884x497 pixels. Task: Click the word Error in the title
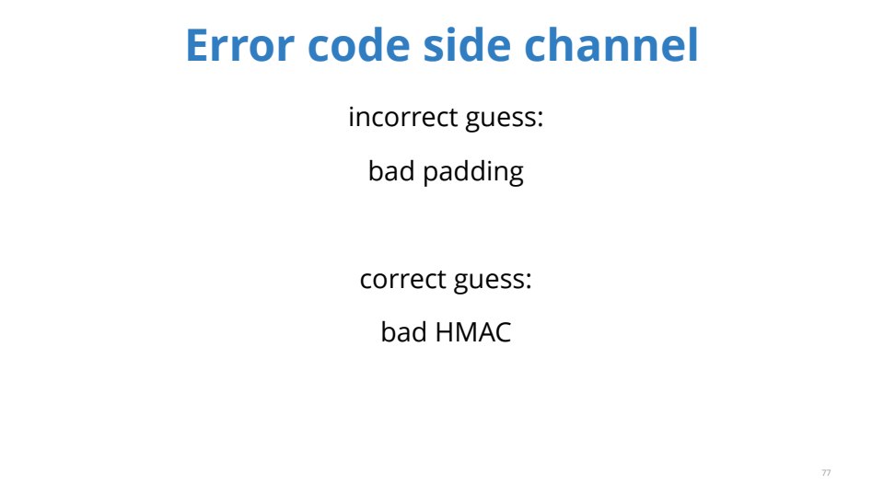pyautogui.click(x=239, y=45)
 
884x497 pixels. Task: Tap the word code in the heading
pyautogui.click(x=359, y=44)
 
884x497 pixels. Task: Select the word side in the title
pyautogui.click(x=467, y=44)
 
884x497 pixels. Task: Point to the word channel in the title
pyautogui.click(x=611, y=44)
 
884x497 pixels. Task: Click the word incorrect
pyautogui.click(x=403, y=117)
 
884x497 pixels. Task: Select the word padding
pyautogui.click(x=473, y=172)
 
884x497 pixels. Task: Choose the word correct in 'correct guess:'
pyautogui.click(x=403, y=280)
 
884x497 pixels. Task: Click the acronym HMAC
pyautogui.click(x=473, y=332)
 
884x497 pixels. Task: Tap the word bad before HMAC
pyautogui.click(x=404, y=332)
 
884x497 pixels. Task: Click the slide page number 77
pyautogui.click(x=826, y=473)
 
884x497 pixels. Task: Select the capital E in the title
pyautogui.click(x=199, y=45)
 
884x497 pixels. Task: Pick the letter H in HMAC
pyautogui.click(x=445, y=332)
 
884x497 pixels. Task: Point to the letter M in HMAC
pyautogui.click(x=467, y=332)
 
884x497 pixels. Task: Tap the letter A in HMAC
pyautogui.click(x=486, y=332)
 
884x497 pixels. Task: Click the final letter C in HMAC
pyautogui.click(x=504, y=332)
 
